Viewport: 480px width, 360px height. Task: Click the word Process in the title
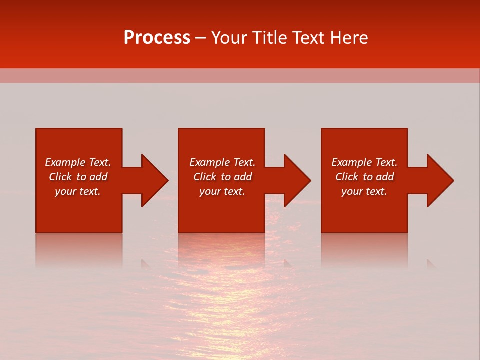point(157,38)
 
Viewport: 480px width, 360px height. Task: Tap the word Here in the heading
point(348,38)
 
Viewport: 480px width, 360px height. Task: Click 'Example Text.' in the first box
point(78,162)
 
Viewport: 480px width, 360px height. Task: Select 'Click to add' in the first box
point(78,177)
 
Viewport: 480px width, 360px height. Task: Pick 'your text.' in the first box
point(78,191)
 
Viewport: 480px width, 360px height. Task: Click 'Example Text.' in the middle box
point(222,162)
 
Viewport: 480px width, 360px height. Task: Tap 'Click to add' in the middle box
point(222,177)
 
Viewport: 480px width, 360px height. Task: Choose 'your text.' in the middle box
point(222,191)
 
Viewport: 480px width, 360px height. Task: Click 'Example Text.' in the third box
point(364,162)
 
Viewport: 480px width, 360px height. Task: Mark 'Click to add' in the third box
point(364,177)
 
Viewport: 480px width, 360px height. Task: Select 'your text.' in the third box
point(364,191)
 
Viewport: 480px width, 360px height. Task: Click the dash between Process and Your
point(201,38)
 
